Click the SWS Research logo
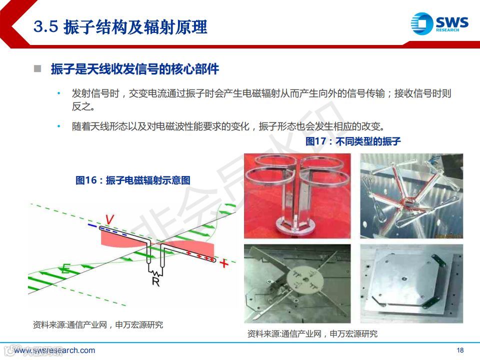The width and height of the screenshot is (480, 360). [439, 23]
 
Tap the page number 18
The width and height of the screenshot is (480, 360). [460, 350]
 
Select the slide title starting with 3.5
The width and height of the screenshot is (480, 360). [120, 26]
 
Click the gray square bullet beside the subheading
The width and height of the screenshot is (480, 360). [37, 68]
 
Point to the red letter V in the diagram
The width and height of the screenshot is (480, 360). [109, 219]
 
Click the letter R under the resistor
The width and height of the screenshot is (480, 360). [156, 281]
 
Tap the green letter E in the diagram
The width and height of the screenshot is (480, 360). [66, 268]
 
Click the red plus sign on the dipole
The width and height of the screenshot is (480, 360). [224, 263]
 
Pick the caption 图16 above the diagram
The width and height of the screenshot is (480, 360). [133, 180]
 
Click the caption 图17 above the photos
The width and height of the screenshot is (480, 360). [353, 141]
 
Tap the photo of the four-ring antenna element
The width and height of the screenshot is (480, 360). [297, 196]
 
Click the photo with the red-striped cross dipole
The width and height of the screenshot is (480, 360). [411, 196]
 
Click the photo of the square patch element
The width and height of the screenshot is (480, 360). [411, 283]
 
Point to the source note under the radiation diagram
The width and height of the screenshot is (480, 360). [98, 325]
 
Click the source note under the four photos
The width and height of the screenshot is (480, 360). [312, 333]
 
